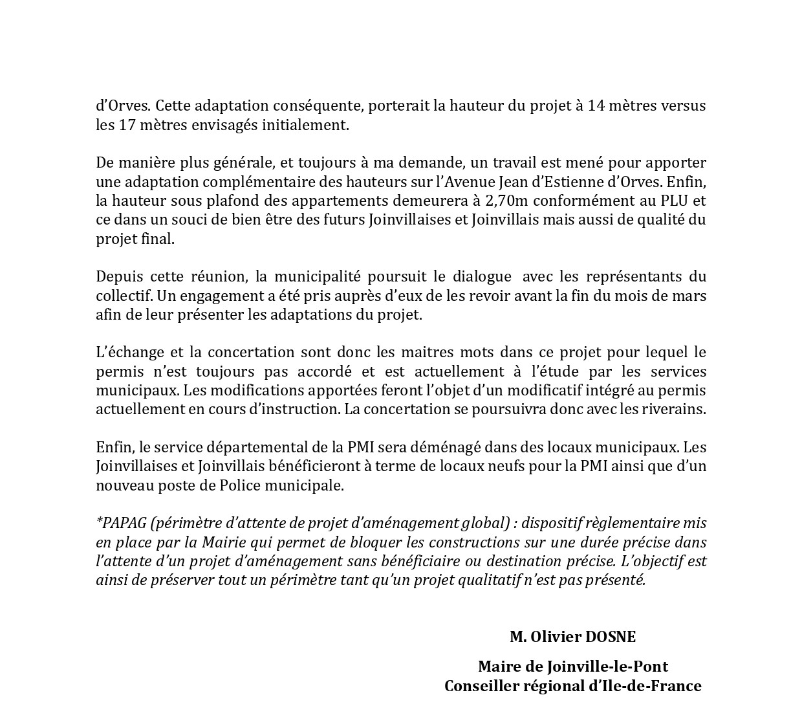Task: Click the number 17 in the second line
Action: pos(127,125)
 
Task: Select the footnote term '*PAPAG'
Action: pos(116,523)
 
